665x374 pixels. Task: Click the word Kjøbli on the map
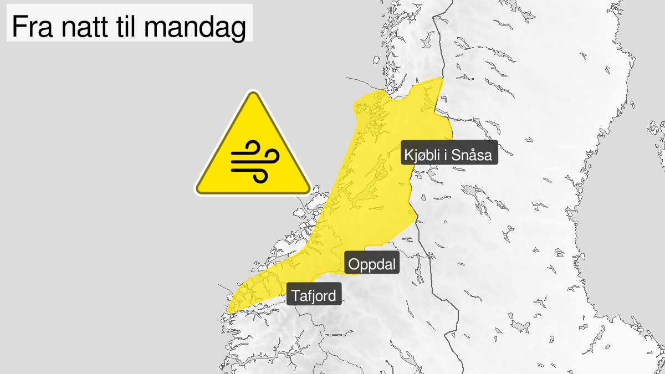(x=422, y=156)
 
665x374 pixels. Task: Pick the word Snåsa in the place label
(x=472, y=156)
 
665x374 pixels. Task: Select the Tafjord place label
(x=314, y=296)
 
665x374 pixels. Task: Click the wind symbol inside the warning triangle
(x=253, y=161)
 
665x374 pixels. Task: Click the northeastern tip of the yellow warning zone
(x=442, y=79)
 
